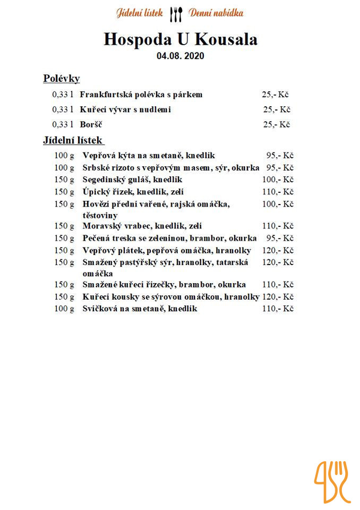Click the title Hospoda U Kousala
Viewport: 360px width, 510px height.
click(x=180, y=40)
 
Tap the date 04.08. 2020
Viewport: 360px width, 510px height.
click(x=180, y=55)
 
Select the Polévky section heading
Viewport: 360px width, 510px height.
click(x=61, y=79)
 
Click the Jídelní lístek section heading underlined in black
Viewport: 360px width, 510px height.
click(x=73, y=141)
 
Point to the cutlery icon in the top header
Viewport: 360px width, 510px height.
click(x=176, y=14)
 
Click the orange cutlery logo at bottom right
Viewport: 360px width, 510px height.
click(x=333, y=482)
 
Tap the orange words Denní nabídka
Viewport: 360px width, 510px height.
click(x=216, y=13)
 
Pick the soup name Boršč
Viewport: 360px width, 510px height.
click(x=91, y=125)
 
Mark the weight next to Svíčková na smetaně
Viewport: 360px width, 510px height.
click(x=64, y=309)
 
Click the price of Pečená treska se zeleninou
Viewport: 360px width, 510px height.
click(x=280, y=238)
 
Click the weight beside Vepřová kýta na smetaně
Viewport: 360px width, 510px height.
click(x=64, y=156)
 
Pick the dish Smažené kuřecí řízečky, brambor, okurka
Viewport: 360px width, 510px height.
click(x=164, y=285)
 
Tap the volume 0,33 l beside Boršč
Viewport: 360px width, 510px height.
click(x=62, y=125)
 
